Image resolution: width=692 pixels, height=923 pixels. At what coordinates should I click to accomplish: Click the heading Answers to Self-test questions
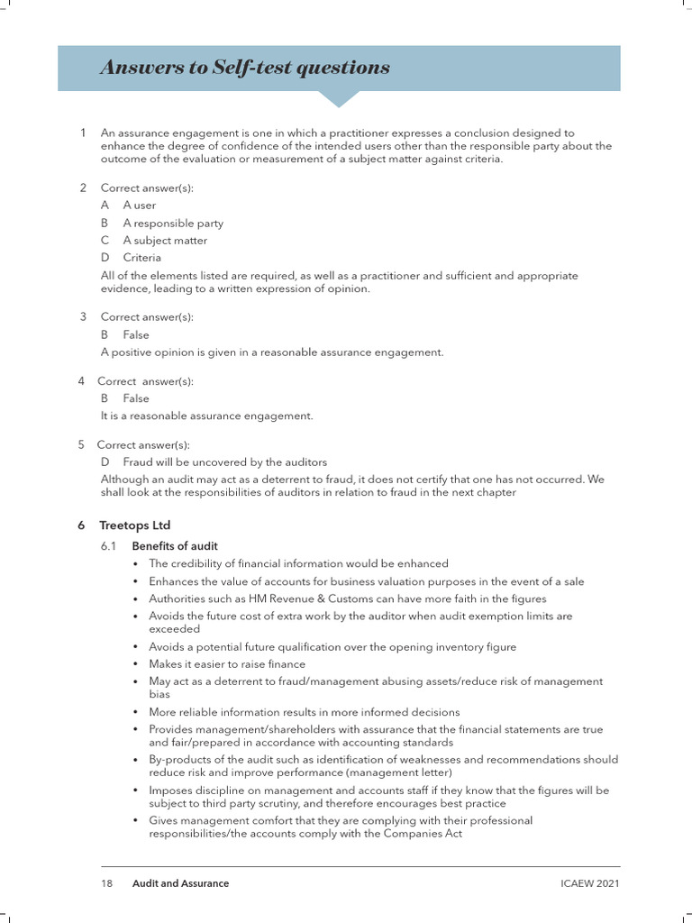(245, 68)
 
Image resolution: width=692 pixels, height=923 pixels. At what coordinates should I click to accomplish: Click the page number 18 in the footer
(106, 883)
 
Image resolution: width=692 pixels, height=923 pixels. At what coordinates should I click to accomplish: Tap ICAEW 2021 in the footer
(589, 883)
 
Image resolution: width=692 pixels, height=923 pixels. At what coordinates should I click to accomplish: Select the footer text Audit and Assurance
(180, 883)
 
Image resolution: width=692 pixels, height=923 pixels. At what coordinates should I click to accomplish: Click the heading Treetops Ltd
(135, 525)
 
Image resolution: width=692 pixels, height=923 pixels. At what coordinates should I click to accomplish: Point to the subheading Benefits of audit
(175, 546)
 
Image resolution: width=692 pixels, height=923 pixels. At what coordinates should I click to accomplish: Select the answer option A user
(140, 206)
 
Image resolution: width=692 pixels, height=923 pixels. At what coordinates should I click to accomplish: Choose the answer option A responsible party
(173, 223)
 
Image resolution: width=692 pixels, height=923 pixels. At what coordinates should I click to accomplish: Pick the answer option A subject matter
(165, 241)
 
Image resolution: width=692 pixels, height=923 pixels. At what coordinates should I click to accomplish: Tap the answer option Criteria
(142, 258)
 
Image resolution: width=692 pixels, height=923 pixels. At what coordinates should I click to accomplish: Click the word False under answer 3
(136, 334)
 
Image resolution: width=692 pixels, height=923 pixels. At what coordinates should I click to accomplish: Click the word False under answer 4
(136, 398)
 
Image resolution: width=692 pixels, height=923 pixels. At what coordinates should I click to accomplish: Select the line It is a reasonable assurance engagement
(206, 416)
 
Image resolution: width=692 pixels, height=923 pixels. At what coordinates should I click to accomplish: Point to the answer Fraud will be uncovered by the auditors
(224, 461)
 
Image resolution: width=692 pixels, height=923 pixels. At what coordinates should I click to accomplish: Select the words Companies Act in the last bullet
(427, 834)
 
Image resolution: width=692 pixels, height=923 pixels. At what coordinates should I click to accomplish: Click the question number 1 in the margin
(83, 133)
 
